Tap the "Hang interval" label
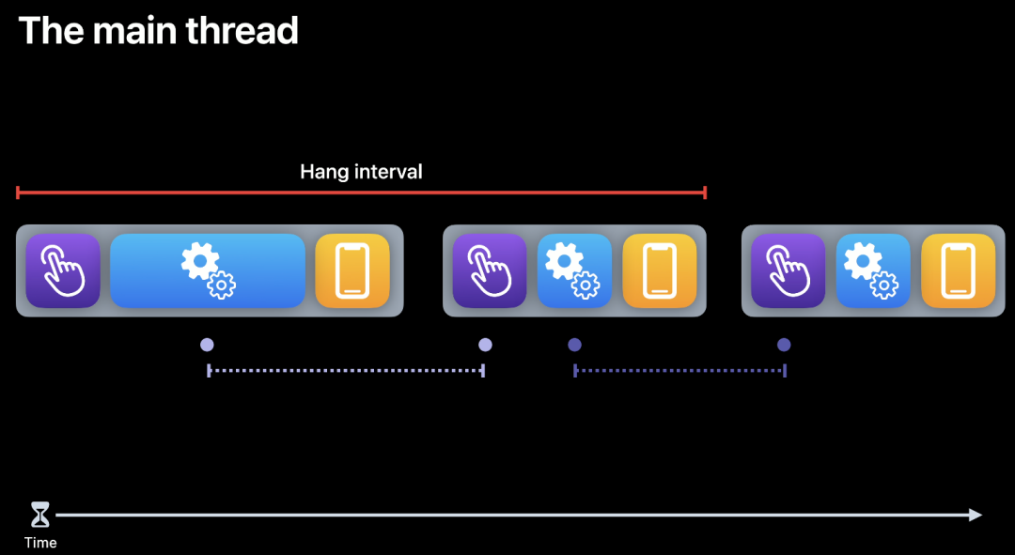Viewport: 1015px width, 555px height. pos(361,172)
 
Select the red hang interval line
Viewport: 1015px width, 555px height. pos(361,193)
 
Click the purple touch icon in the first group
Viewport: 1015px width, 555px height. pos(63,270)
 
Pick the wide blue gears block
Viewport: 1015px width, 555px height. pos(208,270)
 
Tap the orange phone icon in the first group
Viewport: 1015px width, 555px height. pos(352,270)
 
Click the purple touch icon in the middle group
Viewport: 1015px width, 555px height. pos(490,270)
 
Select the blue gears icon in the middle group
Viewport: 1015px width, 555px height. pos(574,270)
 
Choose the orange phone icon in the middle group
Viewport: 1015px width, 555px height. pos(659,270)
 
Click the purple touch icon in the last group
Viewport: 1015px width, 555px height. pos(788,270)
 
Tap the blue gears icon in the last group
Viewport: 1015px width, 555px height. pos(873,270)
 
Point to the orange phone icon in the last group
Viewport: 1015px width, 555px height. pos(958,270)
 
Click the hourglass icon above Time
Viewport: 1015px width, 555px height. pos(40,515)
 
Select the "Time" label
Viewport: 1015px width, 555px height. pos(40,543)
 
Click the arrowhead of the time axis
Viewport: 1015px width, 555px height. pos(976,515)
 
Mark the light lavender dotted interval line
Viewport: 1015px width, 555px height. pos(345,371)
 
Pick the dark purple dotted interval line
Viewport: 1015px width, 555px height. pos(679,371)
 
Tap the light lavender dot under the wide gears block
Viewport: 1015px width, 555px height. pos(207,345)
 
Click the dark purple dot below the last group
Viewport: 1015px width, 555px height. pos(784,345)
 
